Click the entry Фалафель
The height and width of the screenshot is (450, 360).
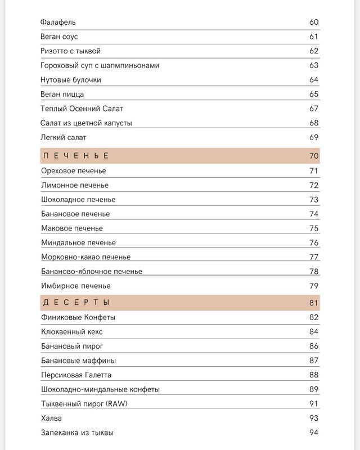pyautogui.click(x=58, y=22)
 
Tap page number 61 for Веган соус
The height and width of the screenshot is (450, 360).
pyautogui.click(x=314, y=37)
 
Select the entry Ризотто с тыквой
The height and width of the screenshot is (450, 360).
pyautogui.click(x=71, y=51)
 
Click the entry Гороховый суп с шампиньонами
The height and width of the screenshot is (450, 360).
pyautogui.click(x=100, y=66)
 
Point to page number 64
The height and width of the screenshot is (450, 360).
pyautogui.click(x=314, y=80)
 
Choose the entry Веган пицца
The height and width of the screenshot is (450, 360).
pyautogui.click(x=62, y=94)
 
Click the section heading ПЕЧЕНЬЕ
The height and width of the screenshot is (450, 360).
pyautogui.click(x=76, y=156)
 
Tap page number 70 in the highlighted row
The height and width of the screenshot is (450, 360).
pyautogui.click(x=314, y=156)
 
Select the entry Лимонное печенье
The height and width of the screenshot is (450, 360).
pyautogui.click(x=75, y=185)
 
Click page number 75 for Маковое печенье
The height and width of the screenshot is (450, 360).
pyautogui.click(x=314, y=228)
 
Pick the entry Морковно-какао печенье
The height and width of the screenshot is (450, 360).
pyautogui.click(x=85, y=257)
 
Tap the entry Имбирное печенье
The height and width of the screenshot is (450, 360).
pyautogui.click(x=76, y=286)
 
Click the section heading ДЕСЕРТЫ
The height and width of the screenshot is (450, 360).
pyautogui.click(x=76, y=303)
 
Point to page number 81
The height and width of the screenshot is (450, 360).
pyautogui.click(x=314, y=303)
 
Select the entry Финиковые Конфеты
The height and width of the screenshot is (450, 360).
pyautogui.click(x=78, y=317)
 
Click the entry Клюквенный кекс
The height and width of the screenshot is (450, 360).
pyautogui.click(x=72, y=332)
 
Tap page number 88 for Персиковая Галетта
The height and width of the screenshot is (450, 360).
pyautogui.click(x=314, y=375)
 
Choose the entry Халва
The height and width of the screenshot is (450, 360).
pyautogui.click(x=52, y=418)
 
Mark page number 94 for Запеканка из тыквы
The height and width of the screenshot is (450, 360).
pyautogui.click(x=314, y=433)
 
